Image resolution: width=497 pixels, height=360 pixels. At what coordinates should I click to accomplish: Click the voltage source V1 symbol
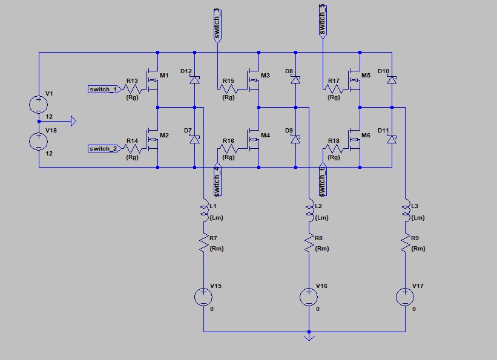(39, 104)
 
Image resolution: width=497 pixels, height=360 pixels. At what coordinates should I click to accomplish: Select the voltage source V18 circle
(39, 142)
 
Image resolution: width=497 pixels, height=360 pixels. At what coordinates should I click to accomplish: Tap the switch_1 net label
(103, 90)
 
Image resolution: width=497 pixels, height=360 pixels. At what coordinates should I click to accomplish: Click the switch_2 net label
(103, 149)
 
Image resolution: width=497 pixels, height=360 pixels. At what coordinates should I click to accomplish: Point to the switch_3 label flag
(217, 24)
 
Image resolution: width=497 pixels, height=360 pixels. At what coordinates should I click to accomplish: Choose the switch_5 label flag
(323, 21)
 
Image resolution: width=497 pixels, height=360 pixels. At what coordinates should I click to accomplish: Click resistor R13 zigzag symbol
(134, 90)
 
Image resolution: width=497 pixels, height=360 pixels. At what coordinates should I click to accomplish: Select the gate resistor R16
(228, 149)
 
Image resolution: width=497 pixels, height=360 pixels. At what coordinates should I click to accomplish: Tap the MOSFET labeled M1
(154, 81)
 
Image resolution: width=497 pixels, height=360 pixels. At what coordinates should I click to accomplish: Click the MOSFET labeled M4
(254, 140)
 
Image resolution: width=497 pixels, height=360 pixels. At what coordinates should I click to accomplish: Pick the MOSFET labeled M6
(355, 140)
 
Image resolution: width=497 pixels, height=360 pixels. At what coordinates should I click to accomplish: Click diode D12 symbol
(194, 79)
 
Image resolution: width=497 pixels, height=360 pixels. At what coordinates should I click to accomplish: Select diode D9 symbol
(295, 139)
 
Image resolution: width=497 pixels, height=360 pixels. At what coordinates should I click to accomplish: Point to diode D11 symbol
(392, 139)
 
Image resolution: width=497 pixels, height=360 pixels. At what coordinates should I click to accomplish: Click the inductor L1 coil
(204, 211)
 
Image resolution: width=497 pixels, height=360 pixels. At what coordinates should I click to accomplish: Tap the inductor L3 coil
(404, 211)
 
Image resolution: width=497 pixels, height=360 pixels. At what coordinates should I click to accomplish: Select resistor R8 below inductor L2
(309, 243)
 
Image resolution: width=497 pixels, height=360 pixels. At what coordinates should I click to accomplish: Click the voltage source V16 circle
(309, 296)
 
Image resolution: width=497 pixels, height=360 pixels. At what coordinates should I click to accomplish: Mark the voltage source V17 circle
(404, 296)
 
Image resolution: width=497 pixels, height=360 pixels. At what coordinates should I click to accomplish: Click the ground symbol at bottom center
(309, 336)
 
